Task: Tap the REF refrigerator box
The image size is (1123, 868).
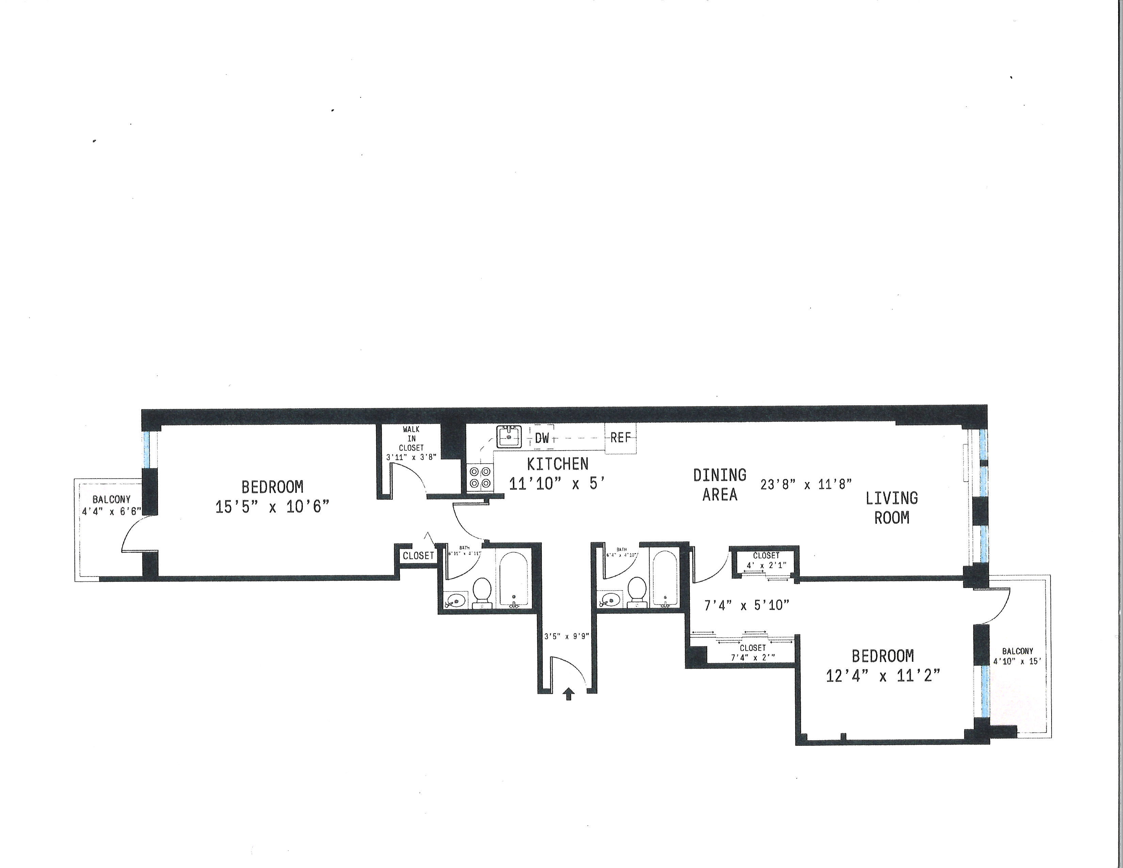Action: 620,438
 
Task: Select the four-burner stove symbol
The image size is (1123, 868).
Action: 480,477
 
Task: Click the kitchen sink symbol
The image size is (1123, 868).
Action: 509,437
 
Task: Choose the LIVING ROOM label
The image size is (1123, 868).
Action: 891,508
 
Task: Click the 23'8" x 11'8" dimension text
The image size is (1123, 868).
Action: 806,484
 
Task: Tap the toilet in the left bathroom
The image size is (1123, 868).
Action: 482,591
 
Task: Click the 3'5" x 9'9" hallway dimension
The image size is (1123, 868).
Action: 566,636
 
